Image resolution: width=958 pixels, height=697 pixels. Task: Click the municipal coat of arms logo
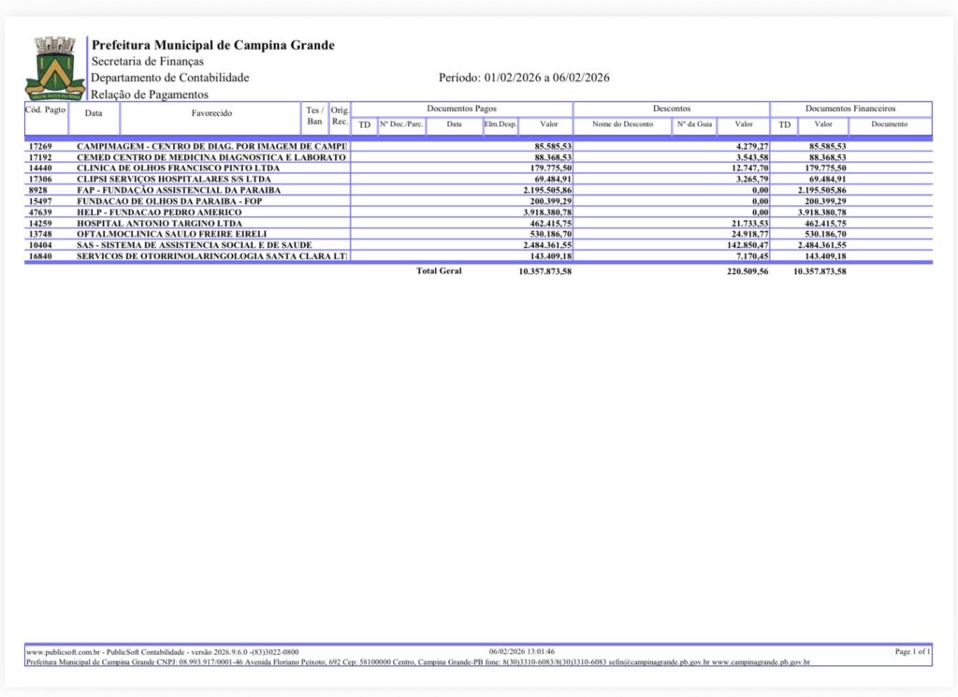pyautogui.click(x=54, y=68)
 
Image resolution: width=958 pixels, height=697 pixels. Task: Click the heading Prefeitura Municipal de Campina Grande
pyautogui.click(x=212, y=45)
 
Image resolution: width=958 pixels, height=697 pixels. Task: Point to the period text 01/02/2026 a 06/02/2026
pyautogui.click(x=524, y=78)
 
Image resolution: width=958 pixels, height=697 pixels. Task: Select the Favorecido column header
pyautogui.click(x=211, y=113)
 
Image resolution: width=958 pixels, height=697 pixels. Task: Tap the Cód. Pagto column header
pyautogui.click(x=45, y=110)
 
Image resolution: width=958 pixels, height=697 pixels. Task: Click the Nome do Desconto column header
pyautogui.click(x=622, y=124)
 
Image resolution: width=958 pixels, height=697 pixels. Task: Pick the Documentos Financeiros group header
pyautogui.click(x=849, y=109)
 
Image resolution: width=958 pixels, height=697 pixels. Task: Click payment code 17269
pyautogui.click(x=40, y=147)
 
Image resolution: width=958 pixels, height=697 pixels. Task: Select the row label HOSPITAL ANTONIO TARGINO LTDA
pyautogui.click(x=159, y=224)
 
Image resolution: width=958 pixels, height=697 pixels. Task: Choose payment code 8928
pyautogui.click(x=37, y=191)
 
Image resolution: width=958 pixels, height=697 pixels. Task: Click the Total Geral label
pyautogui.click(x=439, y=271)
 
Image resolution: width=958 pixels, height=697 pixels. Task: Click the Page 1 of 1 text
pyautogui.click(x=912, y=651)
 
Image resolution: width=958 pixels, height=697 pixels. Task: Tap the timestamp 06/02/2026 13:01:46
pyautogui.click(x=522, y=651)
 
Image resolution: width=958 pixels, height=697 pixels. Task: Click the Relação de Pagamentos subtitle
pyautogui.click(x=150, y=94)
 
